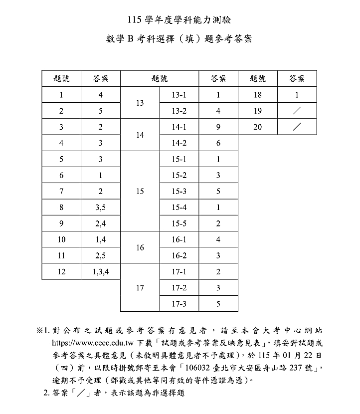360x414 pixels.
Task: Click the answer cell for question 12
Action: click(101, 272)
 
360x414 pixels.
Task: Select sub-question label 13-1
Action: click(179, 95)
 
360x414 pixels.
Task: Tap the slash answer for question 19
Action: click(297, 111)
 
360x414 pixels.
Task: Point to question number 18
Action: click(257, 95)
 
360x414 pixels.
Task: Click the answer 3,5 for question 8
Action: click(101, 207)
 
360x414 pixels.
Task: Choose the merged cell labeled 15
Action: click(140, 192)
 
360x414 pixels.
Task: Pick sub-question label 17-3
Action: click(179, 303)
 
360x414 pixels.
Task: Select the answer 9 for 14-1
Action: click(218, 127)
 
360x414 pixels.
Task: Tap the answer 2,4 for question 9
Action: click(101, 223)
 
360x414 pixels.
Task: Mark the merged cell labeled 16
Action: click(140, 247)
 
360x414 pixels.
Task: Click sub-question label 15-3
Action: click(179, 192)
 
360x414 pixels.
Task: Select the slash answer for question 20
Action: click(297, 127)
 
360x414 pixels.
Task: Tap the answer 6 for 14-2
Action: click(218, 143)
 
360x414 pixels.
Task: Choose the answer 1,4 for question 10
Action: click(101, 240)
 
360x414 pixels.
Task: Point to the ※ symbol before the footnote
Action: click(39, 331)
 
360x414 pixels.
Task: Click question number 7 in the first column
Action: click(61, 192)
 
